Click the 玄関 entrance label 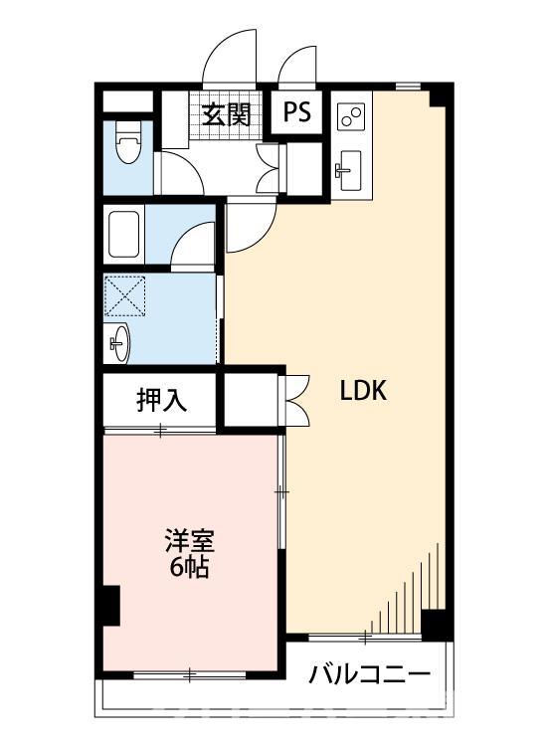226,113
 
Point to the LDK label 363,391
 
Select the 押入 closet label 160,401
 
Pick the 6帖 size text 189,570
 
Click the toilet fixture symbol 127,146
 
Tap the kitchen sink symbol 348,171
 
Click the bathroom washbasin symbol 119,344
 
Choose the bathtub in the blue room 125,233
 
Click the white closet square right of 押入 252,400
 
